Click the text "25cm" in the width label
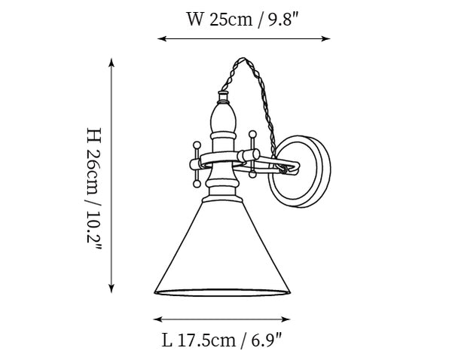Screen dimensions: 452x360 [231, 20]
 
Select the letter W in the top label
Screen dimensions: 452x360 [195, 20]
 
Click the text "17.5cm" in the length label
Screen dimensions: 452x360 [206, 340]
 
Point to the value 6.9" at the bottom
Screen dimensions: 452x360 [266, 340]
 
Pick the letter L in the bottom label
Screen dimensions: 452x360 [166, 340]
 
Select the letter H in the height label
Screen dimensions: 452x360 [94, 135]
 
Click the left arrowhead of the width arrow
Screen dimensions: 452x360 [162, 38]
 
